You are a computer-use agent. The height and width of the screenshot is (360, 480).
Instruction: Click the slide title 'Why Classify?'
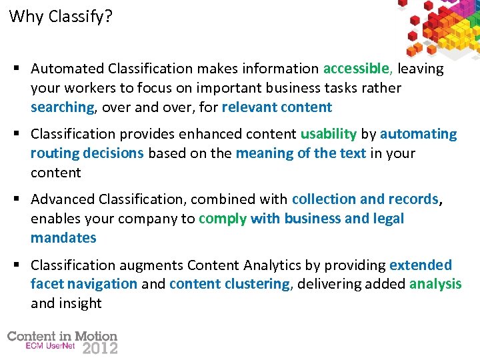[x=61, y=17]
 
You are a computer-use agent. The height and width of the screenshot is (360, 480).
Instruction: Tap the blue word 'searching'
[x=63, y=107]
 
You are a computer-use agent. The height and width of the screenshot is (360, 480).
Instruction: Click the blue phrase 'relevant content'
[x=277, y=107]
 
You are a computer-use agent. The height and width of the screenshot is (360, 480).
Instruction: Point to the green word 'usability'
[x=328, y=134]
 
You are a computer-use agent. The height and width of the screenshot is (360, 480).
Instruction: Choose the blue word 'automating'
[x=419, y=134]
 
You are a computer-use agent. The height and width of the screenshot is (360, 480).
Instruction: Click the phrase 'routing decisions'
[x=87, y=153]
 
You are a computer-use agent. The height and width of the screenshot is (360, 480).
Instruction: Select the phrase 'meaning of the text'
[x=301, y=153]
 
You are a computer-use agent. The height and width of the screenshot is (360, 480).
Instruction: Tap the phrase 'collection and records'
[x=365, y=199]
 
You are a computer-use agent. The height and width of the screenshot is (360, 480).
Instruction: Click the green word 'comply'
[x=223, y=219]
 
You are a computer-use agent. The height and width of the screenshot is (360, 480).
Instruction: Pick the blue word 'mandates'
[x=63, y=238]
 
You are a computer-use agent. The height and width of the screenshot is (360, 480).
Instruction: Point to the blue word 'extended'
[x=421, y=265]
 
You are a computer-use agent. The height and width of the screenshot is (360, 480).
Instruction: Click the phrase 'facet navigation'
[x=84, y=284]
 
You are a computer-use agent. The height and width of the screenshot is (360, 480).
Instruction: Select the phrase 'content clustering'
[x=230, y=284]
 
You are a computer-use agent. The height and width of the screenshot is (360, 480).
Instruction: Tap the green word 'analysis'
[x=435, y=284]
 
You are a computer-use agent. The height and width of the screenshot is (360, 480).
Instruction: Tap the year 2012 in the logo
[x=99, y=348]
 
